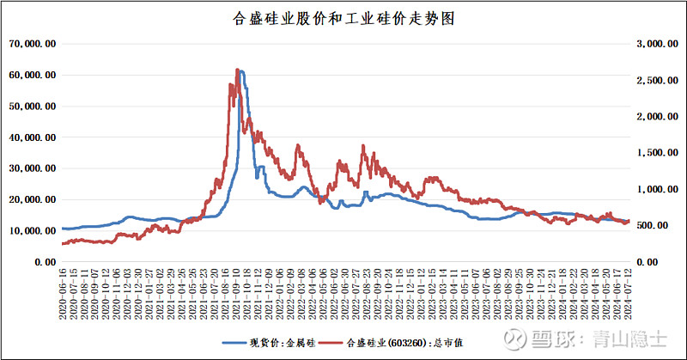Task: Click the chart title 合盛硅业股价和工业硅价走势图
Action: click(343, 17)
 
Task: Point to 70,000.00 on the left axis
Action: click(33, 44)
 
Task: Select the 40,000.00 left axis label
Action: click(33, 137)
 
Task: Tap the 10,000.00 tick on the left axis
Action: click(33, 230)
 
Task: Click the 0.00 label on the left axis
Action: click(45, 261)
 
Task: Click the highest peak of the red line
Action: click(237, 70)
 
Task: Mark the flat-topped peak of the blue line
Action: click(242, 72)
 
